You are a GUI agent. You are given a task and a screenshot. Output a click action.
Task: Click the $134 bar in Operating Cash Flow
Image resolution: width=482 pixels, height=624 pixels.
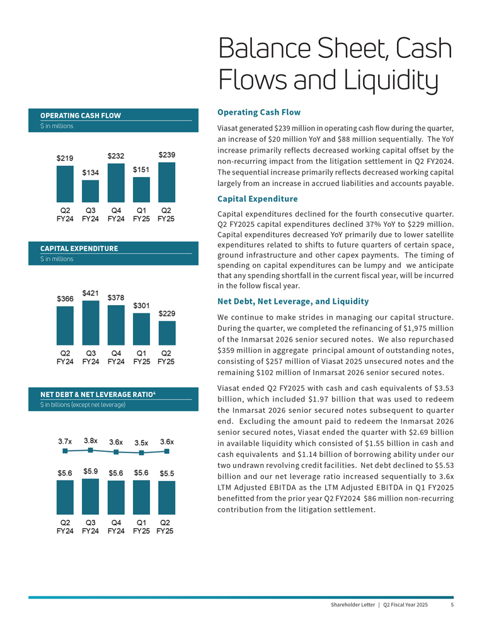[x=91, y=189]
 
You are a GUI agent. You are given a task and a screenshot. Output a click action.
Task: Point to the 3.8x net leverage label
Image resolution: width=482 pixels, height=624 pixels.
[x=91, y=441]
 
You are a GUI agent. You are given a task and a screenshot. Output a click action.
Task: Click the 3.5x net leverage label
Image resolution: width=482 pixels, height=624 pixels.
[x=142, y=442]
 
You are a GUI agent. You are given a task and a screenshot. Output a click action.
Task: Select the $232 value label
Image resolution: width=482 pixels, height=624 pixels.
[x=116, y=156]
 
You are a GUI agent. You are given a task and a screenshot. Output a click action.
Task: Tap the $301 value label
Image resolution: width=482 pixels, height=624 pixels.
[x=141, y=306]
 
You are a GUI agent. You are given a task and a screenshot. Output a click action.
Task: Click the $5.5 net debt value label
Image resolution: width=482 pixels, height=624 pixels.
[x=167, y=473]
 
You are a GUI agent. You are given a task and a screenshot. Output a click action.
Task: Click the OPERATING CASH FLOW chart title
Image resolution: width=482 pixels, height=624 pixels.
[x=80, y=115]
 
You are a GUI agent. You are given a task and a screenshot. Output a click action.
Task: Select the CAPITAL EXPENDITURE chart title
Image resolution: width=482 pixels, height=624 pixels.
[x=79, y=248]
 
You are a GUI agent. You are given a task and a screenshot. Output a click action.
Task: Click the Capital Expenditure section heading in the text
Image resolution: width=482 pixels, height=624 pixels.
[x=257, y=199]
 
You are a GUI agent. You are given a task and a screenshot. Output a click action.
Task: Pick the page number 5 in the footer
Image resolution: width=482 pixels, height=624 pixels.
[x=452, y=605]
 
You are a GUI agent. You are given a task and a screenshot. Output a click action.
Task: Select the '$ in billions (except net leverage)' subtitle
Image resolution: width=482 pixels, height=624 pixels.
[x=83, y=405]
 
